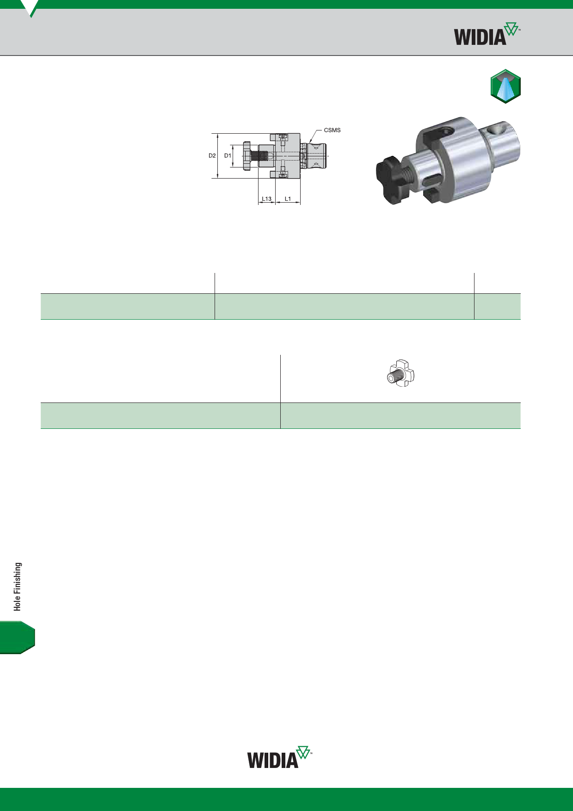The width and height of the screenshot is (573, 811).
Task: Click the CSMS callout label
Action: [x=332, y=130]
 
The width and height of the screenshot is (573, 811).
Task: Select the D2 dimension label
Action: [x=212, y=155]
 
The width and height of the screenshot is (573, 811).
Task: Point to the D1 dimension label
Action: [x=228, y=155]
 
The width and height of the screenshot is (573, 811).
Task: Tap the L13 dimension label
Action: [x=266, y=199]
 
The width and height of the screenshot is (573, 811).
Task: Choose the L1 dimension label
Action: [x=288, y=199]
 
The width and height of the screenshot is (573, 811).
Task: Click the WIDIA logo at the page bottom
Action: [x=279, y=757]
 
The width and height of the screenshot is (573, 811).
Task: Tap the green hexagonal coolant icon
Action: [x=505, y=86]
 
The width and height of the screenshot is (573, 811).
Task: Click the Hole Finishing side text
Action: [x=18, y=587]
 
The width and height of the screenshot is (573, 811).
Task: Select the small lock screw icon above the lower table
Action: [x=400, y=374]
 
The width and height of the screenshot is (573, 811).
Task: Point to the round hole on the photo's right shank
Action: [x=497, y=130]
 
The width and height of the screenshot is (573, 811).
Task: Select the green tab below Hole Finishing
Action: [x=17, y=638]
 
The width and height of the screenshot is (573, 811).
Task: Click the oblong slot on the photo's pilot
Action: [x=431, y=180]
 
